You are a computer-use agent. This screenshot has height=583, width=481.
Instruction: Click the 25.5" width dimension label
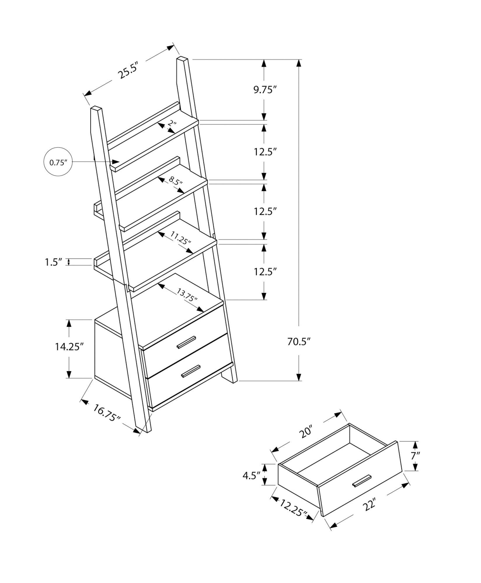pos(127,71)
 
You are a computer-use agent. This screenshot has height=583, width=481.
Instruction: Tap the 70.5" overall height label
pos(298,341)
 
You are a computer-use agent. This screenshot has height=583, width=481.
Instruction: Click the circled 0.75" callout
pos(58,162)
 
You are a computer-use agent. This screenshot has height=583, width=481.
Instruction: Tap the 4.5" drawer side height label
pos(251,475)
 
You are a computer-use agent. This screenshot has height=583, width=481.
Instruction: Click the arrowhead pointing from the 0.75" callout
pos(116,162)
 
